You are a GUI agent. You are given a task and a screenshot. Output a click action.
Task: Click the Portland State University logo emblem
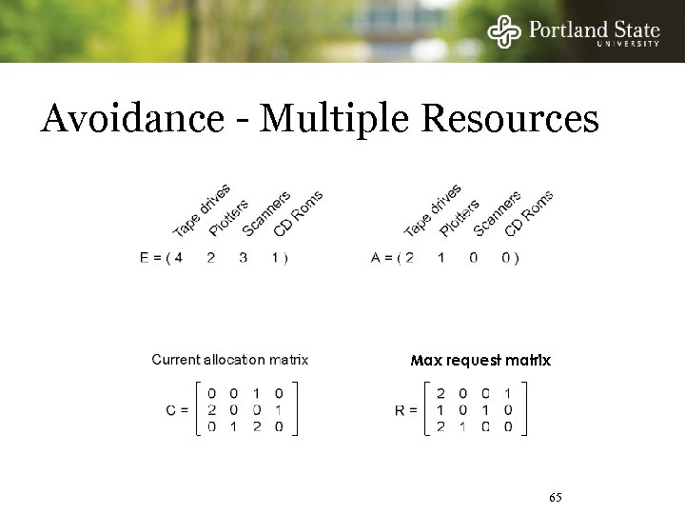[x=504, y=32]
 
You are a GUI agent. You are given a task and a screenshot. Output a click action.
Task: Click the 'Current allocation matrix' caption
[x=230, y=360]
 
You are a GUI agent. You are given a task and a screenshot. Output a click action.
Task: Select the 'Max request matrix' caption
[x=480, y=361]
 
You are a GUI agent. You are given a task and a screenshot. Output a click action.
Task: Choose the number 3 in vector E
[x=244, y=258]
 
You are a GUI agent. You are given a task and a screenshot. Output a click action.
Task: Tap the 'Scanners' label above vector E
[x=266, y=213]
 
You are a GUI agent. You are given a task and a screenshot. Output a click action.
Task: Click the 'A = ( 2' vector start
[x=391, y=258]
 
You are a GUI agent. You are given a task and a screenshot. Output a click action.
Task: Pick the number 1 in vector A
[x=440, y=258]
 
